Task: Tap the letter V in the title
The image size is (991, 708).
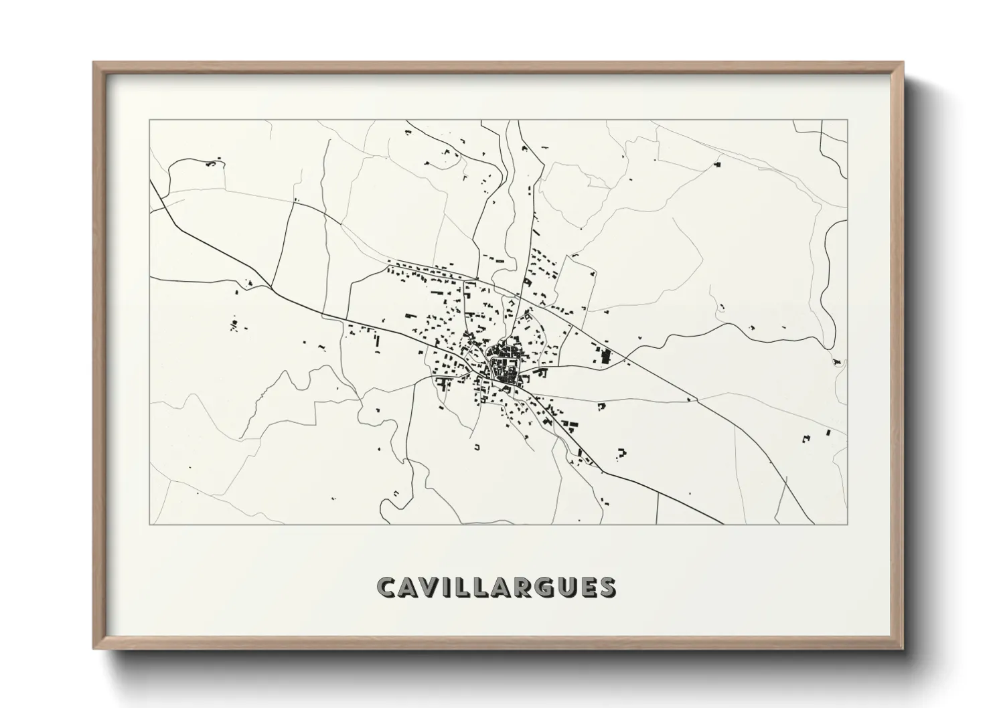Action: tap(434, 587)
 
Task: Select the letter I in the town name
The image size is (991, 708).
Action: tap(451, 587)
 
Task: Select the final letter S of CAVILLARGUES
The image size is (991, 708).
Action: tap(607, 587)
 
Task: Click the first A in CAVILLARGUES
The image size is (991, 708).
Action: tap(411, 587)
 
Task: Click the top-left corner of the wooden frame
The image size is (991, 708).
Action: tap(94, 63)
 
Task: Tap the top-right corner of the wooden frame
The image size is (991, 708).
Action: tap(903, 63)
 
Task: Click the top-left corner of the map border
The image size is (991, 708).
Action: tap(149, 120)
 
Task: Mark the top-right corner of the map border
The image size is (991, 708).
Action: tap(848, 120)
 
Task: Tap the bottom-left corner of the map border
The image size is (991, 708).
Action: tap(149, 524)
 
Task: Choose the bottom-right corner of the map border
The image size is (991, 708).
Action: tap(848, 524)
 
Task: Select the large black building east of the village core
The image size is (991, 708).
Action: tap(607, 356)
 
